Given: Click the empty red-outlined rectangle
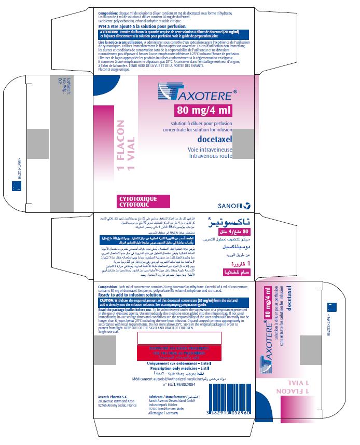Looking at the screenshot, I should [179, 338].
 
